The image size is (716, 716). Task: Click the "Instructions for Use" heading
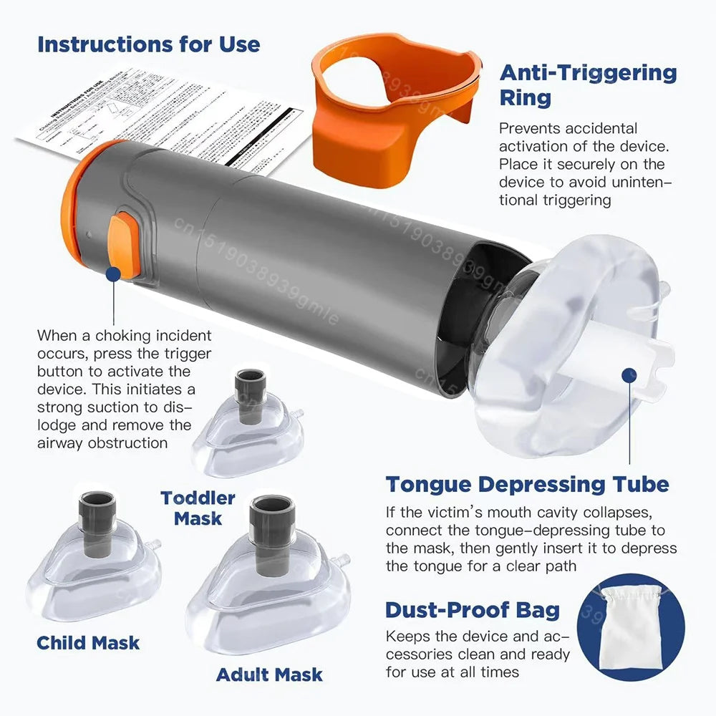[148, 44]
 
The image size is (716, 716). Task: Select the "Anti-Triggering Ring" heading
[587, 84]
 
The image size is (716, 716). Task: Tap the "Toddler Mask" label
[198, 508]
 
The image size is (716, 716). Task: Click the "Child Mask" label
[88, 642]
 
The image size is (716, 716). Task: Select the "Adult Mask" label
[269, 674]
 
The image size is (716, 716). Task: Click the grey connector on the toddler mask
[251, 387]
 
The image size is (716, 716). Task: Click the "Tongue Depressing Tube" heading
[527, 484]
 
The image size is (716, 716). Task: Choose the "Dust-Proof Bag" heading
[473, 610]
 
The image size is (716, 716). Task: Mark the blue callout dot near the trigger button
[112, 273]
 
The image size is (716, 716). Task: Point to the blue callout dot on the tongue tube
[629, 374]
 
